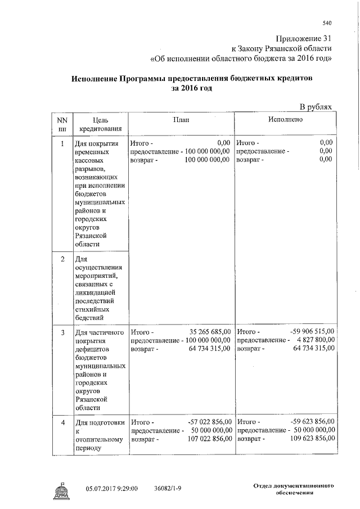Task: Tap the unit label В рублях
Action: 316,106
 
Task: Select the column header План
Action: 181,120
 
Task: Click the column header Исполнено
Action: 286,120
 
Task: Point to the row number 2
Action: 62,259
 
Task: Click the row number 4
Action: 62,421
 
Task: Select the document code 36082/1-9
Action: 168,488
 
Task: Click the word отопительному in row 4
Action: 98,439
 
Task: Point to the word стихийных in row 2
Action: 92,309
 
